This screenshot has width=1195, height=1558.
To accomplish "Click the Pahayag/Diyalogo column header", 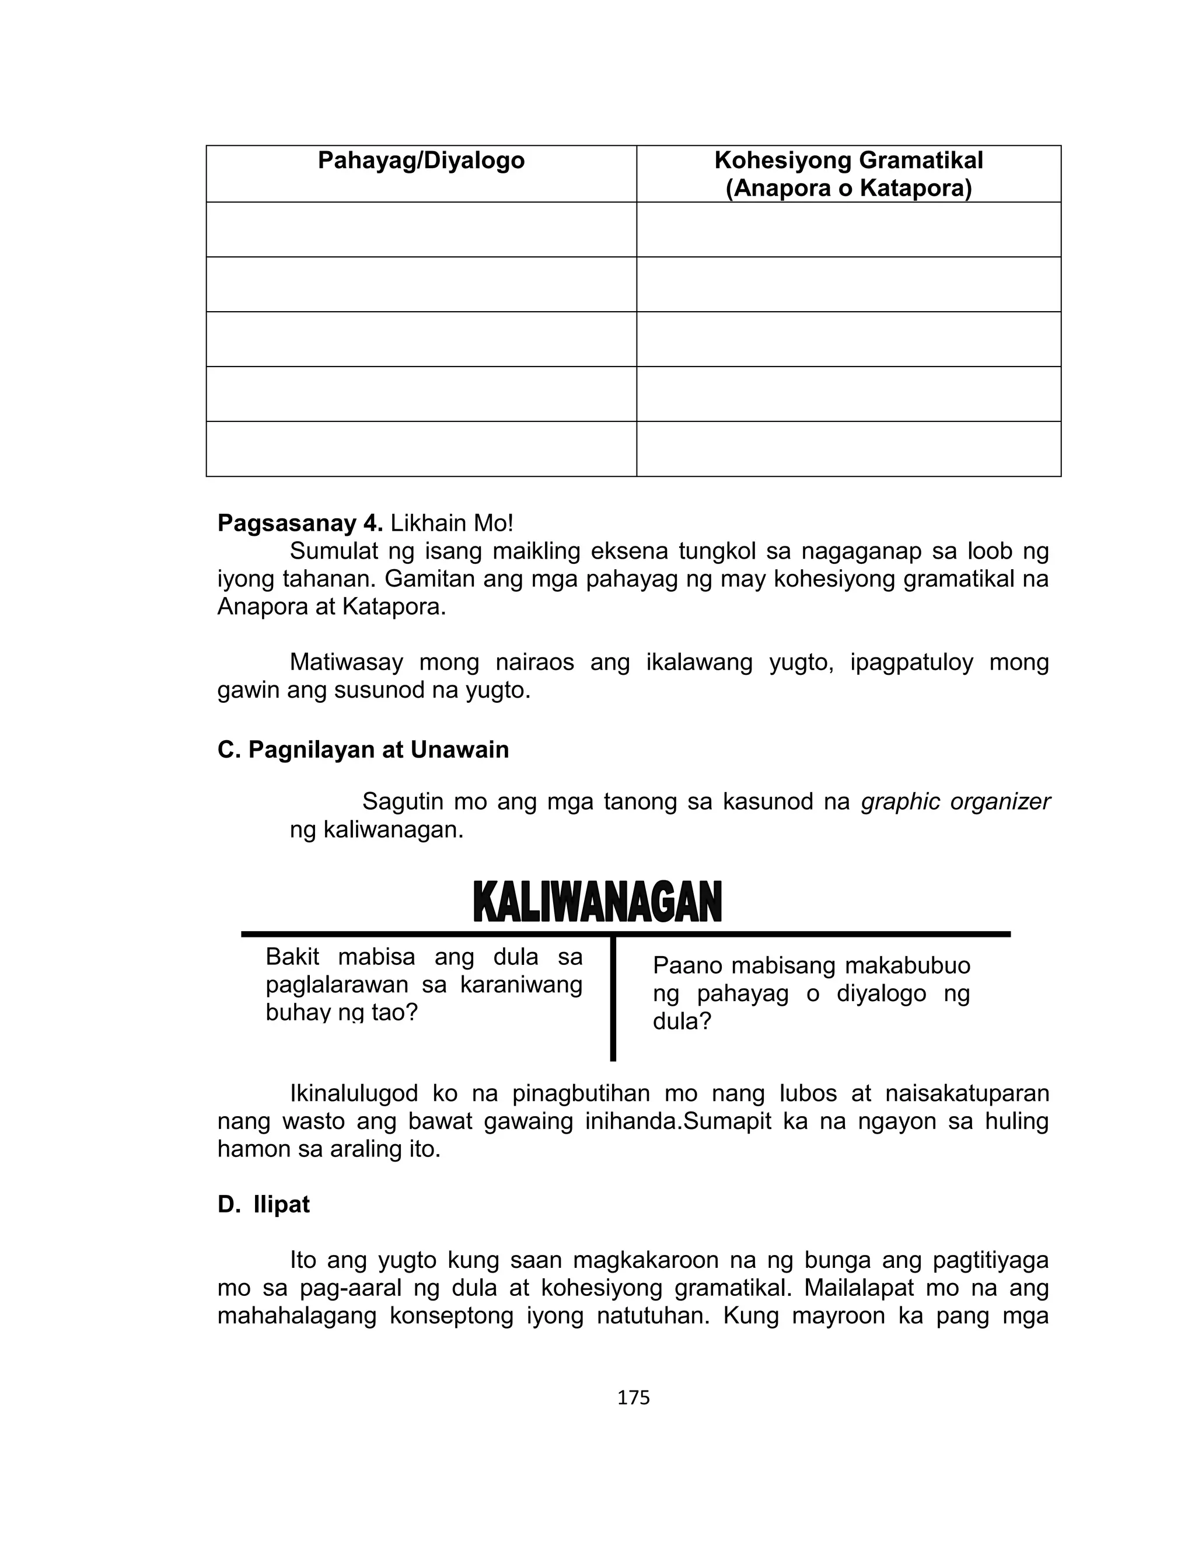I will click(421, 161).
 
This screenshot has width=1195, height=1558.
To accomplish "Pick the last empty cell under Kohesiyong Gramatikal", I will click(848, 449).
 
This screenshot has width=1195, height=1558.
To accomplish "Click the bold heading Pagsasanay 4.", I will click(300, 524).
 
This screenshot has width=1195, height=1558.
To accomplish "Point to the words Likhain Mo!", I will click(452, 524).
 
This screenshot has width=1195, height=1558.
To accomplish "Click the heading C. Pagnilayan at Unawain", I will click(363, 750).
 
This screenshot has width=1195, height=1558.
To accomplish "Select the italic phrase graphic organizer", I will click(955, 801).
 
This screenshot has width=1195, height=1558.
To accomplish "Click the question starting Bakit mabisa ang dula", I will click(424, 985).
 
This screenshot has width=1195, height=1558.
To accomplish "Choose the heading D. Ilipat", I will click(264, 1204).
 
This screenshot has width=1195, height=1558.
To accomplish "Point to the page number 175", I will click(633, 1398).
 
